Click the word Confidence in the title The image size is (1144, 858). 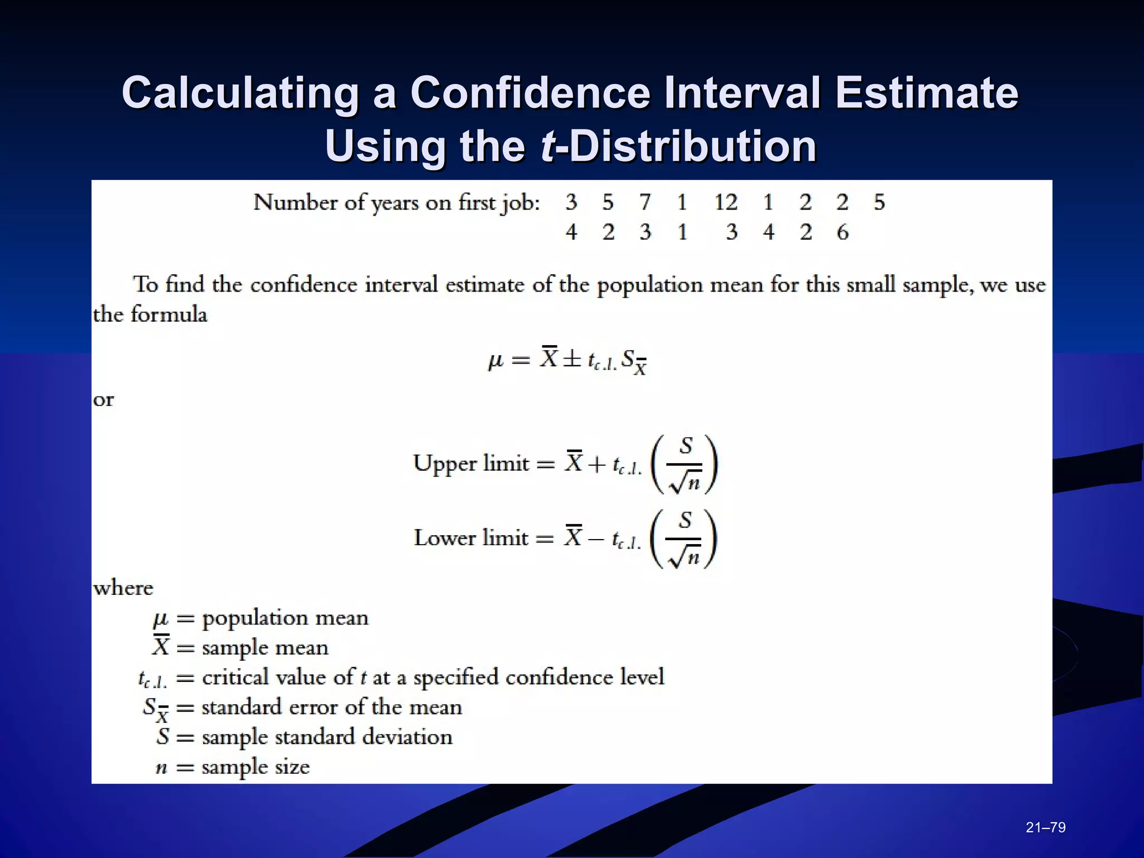pyautogui.click(x=530, y=93)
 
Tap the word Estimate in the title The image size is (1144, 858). pyautogui.click(x=927, y=93)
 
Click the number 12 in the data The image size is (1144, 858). pyautogui.click(x=726, y=202)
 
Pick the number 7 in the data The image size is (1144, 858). pyautogui.click(x=645, y=202)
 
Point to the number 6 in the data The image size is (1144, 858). pyautogui.click(x=842, y=232)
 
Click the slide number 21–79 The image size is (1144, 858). pyautogui.click(x=1046, y=827)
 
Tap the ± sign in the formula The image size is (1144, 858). pyautogui.click(x=571, y=359)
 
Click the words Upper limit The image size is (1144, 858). pyautogui.click(x=470, y=464)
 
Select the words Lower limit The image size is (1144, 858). pyautogui.click(x=470, y=538)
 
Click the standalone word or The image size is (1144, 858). pyautogui.click(x=103, y=400)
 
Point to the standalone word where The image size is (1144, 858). pyautogui.click(x=123, y=588)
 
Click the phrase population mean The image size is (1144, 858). pyautogui.click(x=285, y=618)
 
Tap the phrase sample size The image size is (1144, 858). pyautogui.click(x=255, y=768)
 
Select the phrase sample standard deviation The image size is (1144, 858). pyautogui.click(x=327, y=737)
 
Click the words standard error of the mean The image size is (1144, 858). pyautogui.click(x=332, y=708)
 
